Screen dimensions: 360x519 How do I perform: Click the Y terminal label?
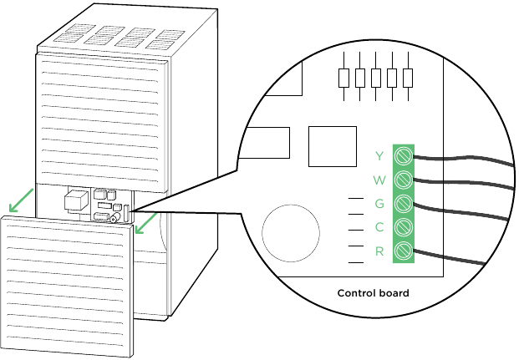[379, 155]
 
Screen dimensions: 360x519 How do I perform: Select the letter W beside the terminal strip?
[379, 180]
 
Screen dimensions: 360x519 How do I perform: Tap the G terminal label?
[379, 203]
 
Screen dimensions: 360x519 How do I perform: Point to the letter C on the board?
[379, 227]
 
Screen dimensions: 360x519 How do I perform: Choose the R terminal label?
[379, 251]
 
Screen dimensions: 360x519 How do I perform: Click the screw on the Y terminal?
[405, 155]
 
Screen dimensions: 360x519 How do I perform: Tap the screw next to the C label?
[405, 227]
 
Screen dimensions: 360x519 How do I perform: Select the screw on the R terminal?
[405, 251]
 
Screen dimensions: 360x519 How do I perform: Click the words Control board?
[373, 293]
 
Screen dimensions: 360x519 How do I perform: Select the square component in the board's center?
[332, 146]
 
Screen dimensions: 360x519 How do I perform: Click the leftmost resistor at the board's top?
[343, 78]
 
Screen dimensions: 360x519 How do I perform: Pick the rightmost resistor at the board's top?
[408, 78]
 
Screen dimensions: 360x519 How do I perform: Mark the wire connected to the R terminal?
[451, 257]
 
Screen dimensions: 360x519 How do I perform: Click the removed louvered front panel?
[67, 285]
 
